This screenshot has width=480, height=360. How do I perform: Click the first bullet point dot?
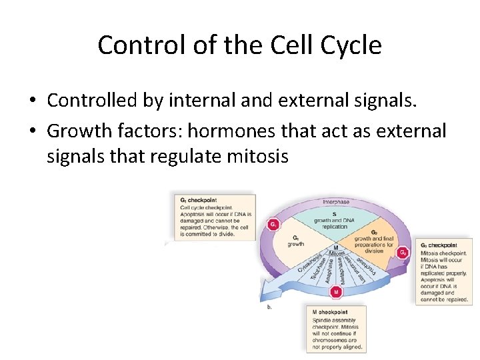coord(31,101)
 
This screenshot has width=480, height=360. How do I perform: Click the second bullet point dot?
coord(31,131)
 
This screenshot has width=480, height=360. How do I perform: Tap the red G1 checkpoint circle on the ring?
coord(273,225)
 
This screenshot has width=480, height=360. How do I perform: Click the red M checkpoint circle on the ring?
coord(336,291)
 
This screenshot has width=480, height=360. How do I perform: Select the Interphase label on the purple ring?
coord(336,202)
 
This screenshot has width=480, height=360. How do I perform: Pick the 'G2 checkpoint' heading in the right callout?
coord(439,245)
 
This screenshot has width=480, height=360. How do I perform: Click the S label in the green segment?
coord(333,214)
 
